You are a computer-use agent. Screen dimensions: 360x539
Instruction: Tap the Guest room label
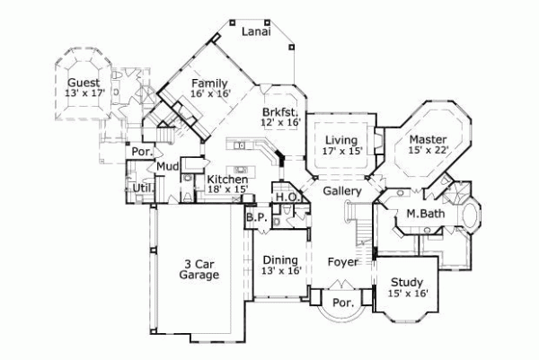click(82, 82)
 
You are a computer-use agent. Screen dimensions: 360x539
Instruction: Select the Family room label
click(208, 83)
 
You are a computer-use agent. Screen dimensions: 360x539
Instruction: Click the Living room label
click(341, 140)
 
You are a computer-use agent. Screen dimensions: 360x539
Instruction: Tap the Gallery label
click(342, 191)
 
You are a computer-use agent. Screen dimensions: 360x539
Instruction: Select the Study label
click(406, 281)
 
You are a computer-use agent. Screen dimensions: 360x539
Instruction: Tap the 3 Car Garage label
click(199, 270)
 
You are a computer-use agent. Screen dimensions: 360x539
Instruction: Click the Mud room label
click(167, 166)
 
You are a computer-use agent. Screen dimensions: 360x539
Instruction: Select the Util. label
click(141, 188)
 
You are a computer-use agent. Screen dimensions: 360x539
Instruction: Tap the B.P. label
click(254, 216)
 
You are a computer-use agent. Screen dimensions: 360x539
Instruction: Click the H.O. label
click(286, 197)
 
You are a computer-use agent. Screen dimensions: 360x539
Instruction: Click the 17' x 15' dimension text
click(341, 151)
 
